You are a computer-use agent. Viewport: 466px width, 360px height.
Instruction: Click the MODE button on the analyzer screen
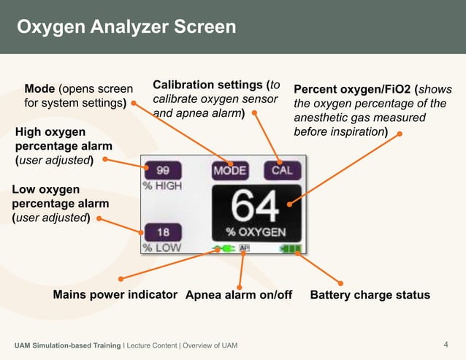coord(230,171)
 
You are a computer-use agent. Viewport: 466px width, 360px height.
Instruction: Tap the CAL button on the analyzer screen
coord(281,171)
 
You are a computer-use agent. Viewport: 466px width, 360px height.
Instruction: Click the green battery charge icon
coord(290,250)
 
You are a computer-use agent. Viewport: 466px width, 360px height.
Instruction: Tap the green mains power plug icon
coord(224,250)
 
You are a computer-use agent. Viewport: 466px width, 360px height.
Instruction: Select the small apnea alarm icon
coord(244,250)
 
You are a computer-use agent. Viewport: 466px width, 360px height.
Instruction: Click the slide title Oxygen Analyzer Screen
coord(126,27)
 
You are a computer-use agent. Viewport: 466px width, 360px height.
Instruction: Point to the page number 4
coord(446,344)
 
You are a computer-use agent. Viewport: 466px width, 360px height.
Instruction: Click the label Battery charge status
coord(370,295)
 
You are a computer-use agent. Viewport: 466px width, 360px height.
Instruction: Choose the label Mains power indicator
coord(115,294)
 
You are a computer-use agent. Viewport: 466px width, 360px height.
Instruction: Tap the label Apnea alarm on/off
coord(239,295)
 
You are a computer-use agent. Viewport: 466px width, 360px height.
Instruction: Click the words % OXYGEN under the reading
coord(256,231)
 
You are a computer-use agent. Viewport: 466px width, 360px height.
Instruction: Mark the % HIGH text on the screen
coord(162,185)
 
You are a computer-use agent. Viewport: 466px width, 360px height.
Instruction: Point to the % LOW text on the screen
coord(161,248)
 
